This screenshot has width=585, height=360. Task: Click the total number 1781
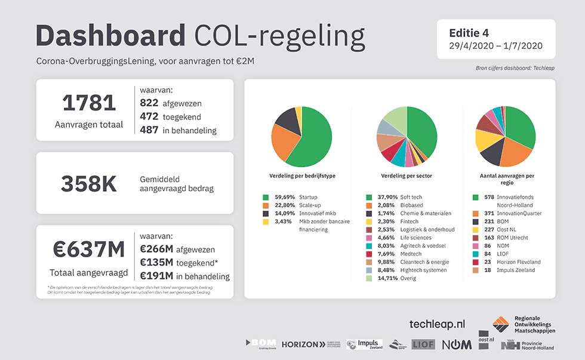point(89,103)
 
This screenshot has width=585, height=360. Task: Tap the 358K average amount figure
point(89,184)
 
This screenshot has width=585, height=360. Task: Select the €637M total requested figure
point(89,250)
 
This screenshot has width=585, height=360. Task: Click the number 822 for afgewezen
point(149,103)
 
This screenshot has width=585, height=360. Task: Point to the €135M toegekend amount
point(157,263)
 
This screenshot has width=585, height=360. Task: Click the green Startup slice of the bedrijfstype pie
point(313,140)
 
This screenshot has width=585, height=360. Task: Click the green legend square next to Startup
point(265,197)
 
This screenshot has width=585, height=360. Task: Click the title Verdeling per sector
point(407,176)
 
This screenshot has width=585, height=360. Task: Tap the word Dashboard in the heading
point(110,36)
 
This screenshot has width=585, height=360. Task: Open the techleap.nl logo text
point(436,324)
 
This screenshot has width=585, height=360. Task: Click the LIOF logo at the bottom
point(423,344)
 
